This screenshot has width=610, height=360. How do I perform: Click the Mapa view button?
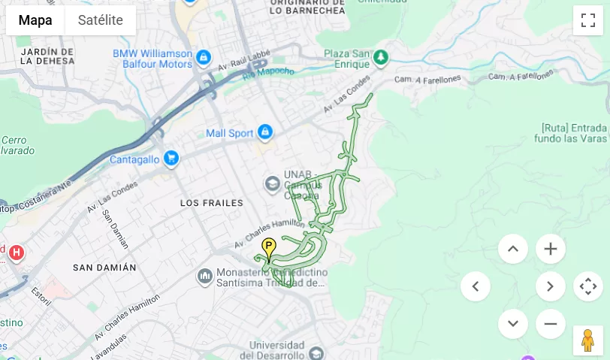(35, 20)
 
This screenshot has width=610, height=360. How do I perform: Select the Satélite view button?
(100, 20)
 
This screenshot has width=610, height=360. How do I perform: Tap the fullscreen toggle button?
(587, 20)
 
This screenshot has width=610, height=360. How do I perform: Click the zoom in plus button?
(550, 249)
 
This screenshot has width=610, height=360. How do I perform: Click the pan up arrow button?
(512, 249)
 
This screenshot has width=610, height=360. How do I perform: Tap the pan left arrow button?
(475, 286)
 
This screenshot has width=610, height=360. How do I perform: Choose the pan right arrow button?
(550, 286)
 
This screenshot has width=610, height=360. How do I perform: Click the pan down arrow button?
(512, 324)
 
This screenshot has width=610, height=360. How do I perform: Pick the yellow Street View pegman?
(587, 340)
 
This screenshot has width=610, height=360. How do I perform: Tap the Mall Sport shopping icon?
(264, 133)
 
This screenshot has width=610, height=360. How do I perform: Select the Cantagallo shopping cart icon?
(171, 158)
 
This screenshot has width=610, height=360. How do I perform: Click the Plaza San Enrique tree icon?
(381, 57)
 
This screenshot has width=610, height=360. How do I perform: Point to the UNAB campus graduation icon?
(272, 183)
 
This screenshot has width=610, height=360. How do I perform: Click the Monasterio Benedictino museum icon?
(205, 277)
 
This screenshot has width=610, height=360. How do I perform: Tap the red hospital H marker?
(16, 253)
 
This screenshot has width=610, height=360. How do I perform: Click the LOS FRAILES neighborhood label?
(212, 203)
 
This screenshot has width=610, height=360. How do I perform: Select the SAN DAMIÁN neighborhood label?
(104, 268)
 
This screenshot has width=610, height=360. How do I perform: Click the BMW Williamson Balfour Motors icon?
(203, 58)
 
